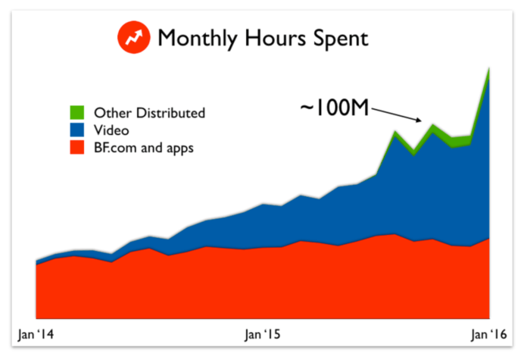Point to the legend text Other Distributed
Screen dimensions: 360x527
(x=149, y=113)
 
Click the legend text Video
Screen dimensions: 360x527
(x=111, y=130)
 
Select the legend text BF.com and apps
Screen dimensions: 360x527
(x=144, y=148)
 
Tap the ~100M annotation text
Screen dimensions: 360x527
(x=334, y=108)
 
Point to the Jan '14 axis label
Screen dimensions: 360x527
(x=36, y=333)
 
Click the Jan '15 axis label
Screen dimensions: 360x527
(x=263, y=333)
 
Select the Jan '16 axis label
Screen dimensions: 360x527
(x=488, y=333)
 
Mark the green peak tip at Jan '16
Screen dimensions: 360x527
(x=489, y=68)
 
